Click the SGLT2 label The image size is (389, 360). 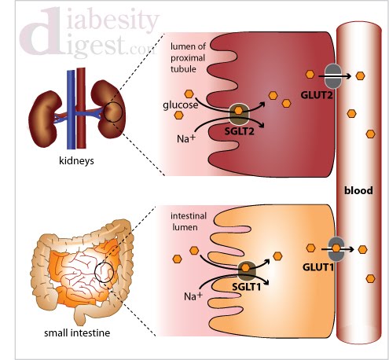point(240,130)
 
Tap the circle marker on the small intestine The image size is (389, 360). point(103,273)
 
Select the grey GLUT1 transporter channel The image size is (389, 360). point(336,248)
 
